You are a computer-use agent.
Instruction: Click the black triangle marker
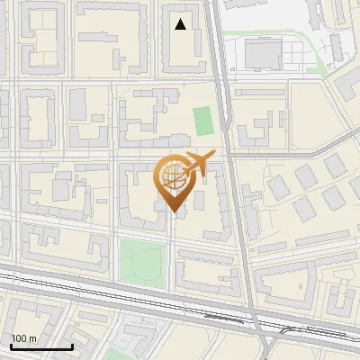(x=181, y=24)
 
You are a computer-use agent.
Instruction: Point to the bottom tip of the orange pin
(x=173, y=211)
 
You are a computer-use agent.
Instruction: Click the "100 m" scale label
(x=24, y=337)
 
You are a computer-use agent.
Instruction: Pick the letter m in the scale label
(x=33, y=337)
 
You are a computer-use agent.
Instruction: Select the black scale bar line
(x=41, y=346)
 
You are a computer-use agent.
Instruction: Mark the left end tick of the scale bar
(x=12, y=345)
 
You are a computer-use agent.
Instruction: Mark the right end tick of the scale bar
(x=72, y=345)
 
